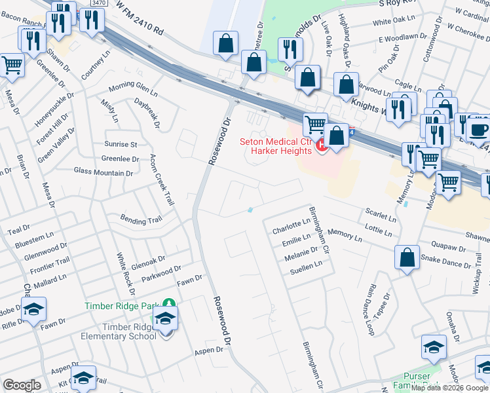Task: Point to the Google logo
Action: click(22, 385)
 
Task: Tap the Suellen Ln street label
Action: click(306, 267)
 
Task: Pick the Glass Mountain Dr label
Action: click(104, 173)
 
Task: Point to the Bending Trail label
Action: click(140, 219)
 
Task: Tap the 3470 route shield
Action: click(99, 3)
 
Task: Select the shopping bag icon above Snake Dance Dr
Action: click(407, 257)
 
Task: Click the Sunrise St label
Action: click(120, 144)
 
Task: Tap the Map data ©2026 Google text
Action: click(450, 387)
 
